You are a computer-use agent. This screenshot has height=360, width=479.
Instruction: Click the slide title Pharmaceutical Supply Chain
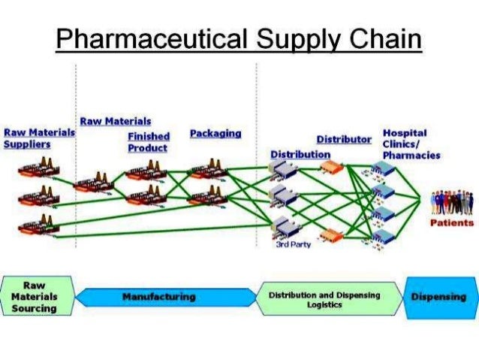[239, 39]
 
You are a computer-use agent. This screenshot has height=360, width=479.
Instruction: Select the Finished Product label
[148, 142]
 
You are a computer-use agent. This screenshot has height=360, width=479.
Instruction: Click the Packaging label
[215, 133]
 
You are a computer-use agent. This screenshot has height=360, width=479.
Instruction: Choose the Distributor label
[344, 140]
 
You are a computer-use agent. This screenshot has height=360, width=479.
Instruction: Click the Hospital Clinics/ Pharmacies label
[411, 144]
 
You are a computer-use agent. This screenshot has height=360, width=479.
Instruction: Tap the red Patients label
[451, 222]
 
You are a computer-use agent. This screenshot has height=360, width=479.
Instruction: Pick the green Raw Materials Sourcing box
[35, 297]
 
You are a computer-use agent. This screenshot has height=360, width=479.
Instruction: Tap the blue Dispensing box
[439, 297]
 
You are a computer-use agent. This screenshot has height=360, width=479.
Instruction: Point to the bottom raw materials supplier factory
[37, 225]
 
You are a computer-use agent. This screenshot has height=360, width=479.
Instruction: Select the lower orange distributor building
[331, 236]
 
